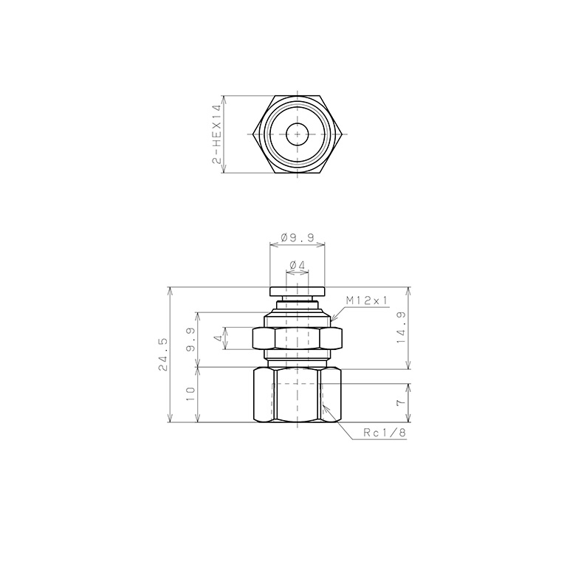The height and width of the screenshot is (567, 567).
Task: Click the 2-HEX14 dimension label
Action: [x=216, y=134]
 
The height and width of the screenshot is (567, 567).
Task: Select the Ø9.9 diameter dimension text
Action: [x=298, y=238]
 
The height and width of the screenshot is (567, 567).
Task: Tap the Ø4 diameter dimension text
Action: [x=298, y=265]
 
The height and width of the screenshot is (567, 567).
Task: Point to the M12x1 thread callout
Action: [x=366, y=300]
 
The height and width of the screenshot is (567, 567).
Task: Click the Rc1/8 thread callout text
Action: [x=385, y=433]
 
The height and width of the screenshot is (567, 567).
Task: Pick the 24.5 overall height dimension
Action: [x=162, y=354]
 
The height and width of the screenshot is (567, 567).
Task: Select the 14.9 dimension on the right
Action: [x=402, y=328]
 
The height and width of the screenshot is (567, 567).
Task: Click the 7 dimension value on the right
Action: [x=401, y=402]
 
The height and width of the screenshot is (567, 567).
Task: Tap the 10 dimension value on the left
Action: [x=190, y=394]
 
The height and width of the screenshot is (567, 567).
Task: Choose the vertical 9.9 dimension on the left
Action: [x=190, y=340]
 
